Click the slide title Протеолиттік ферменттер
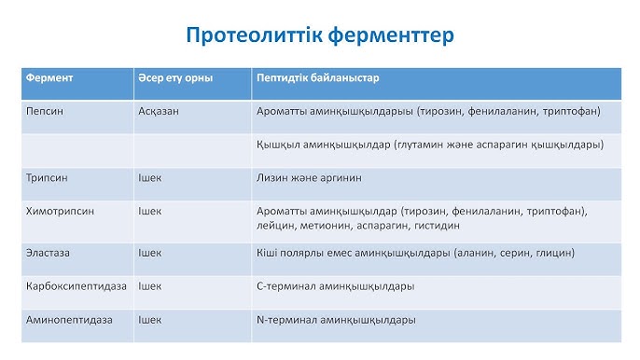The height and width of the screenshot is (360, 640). tap(320, 35)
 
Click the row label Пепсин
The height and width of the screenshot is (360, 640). tap(44, 110)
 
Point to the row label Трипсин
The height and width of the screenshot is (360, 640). tap(48, 177)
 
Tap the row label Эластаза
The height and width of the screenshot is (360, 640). tap(49, 252)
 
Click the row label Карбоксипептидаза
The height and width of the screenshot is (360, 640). tap(72, 285)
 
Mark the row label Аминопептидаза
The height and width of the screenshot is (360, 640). tap(64, 319)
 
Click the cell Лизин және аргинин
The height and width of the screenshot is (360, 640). tap(307, 177)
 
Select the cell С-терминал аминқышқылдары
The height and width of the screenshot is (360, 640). tap(335, 285)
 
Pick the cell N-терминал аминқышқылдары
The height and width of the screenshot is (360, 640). tap(335, 319)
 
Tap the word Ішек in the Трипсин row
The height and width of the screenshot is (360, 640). tap(149, 177)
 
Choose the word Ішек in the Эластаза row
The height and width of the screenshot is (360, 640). tap(149, 252)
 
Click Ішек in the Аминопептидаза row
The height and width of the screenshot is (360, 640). tap(149, 319)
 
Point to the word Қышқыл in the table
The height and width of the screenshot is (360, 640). tap(275, 144)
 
